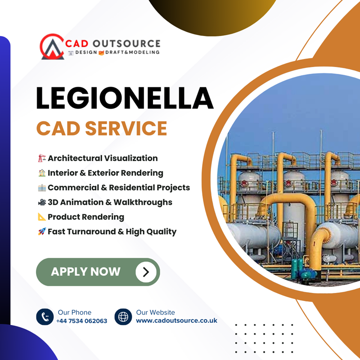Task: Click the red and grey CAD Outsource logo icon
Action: (52, 47)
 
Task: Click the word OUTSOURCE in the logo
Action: (126, 44)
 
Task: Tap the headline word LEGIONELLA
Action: (125, 98)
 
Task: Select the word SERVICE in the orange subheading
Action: (126, 128)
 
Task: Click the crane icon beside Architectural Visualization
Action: (42, 158)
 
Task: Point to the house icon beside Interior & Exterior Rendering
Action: (42, 173)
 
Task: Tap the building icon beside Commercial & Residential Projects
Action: (42, 188)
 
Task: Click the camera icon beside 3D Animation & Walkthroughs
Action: (42, 202)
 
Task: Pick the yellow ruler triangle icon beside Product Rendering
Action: (42, 217)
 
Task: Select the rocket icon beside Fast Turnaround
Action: (42, 231)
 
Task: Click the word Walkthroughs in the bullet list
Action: (143, 202)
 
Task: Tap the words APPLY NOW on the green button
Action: (85, 272)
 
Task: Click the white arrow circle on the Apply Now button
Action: (146, 272)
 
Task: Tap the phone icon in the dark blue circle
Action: (45, 317)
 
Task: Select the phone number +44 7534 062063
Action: (82, 321)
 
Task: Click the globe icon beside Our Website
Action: (123, 317)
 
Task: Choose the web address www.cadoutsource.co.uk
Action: (176, 320)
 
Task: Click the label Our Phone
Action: (75, 312)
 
